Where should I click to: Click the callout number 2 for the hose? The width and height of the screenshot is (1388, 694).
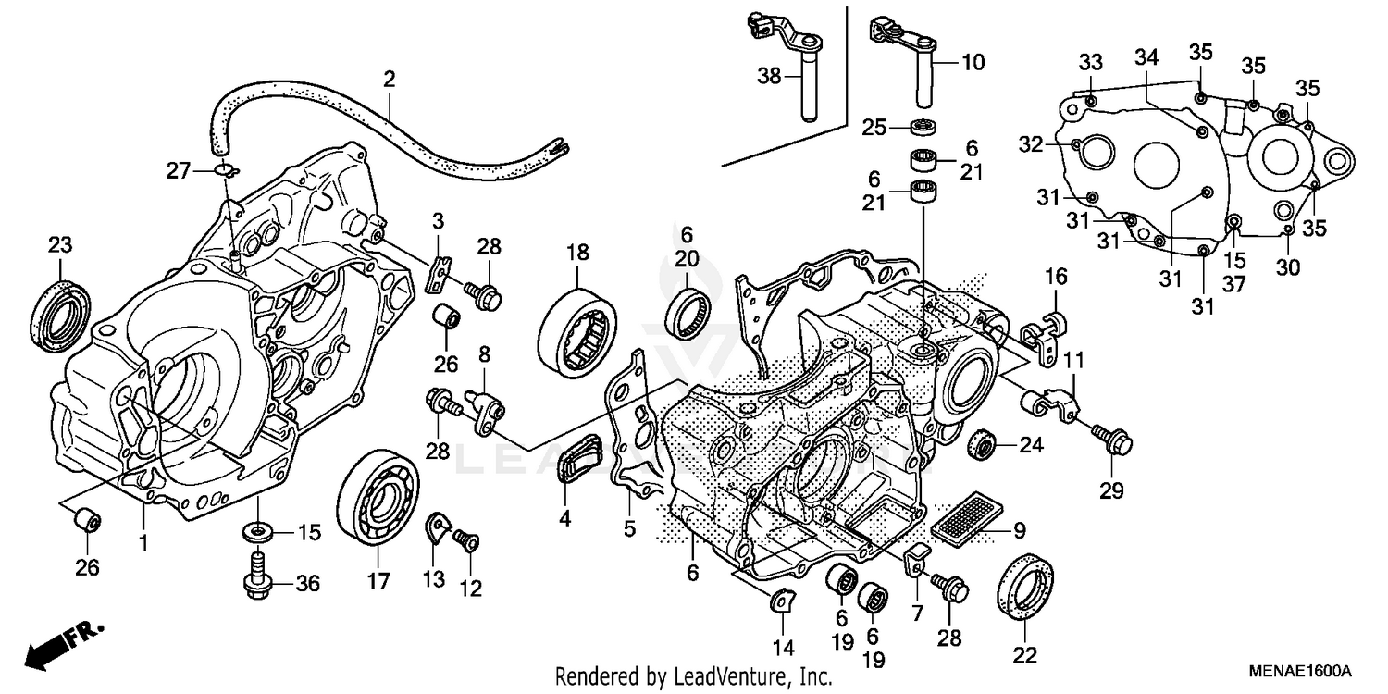[x=389, y=80]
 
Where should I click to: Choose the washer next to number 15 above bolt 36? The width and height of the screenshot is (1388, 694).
[x=257, y=531]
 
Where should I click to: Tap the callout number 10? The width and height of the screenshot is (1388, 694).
[x=973, y=64]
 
